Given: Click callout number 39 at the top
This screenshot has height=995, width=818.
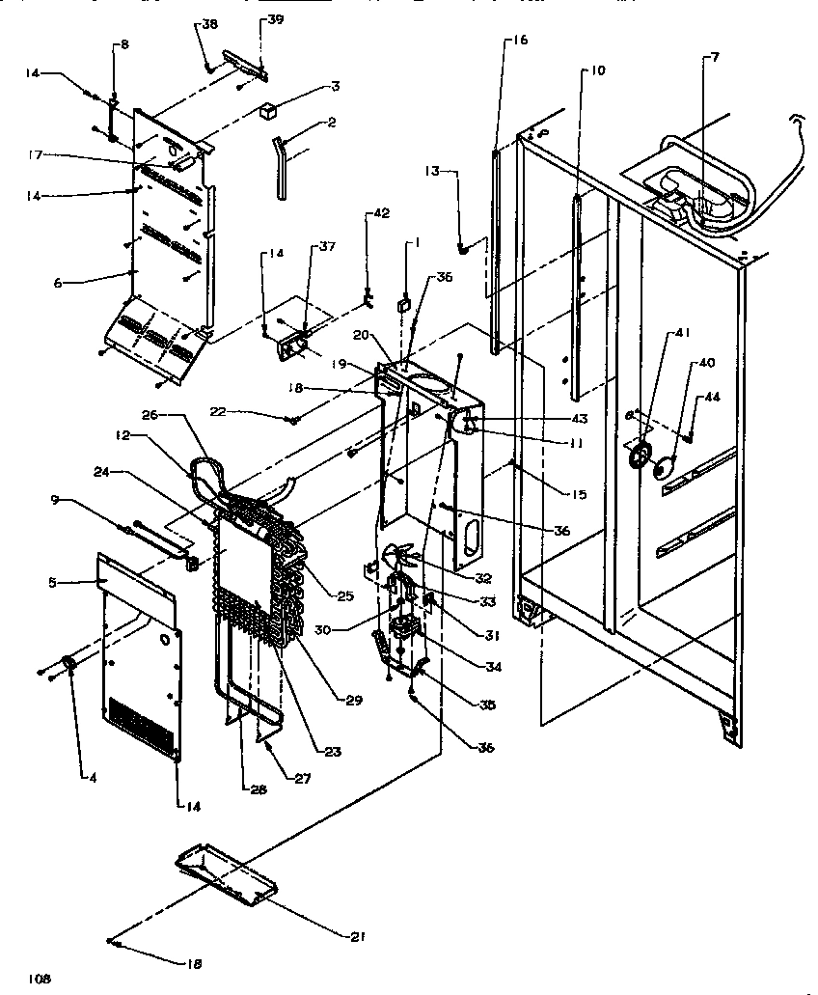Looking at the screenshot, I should pos(249,20).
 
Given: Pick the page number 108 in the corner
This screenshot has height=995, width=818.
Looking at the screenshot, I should pos(39,978).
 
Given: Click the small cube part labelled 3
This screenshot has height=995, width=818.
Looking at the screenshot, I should pos(261,111).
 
